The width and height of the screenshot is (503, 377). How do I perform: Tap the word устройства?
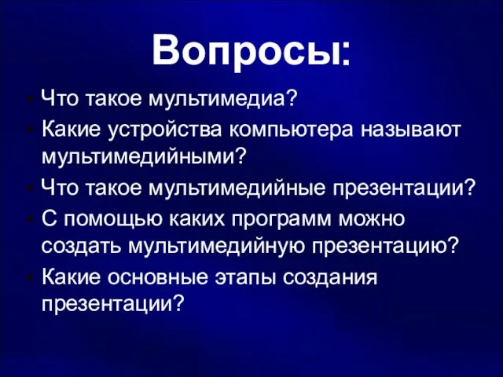pos(164,130)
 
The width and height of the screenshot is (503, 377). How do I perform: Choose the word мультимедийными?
pos(138,158)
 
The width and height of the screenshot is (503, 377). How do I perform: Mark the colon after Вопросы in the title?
pos(345,53)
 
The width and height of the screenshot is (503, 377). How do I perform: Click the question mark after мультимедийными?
pos(240,156)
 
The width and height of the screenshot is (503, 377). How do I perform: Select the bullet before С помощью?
pos(31,220)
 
